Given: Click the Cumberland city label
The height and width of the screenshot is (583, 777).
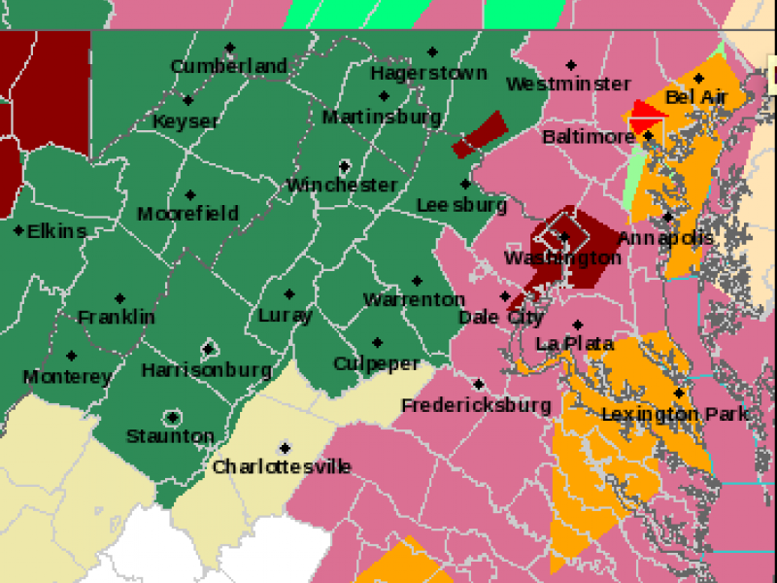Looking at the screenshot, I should point(229,66).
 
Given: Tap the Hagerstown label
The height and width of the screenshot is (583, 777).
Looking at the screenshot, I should point(428,73).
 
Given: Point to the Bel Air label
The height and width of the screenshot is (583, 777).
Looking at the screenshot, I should point(696,97).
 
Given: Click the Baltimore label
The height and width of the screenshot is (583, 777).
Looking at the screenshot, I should point(589,137).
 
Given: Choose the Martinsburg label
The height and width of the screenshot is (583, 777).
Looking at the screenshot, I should point(382,117).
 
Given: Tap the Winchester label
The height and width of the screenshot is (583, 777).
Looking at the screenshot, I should point(342,185).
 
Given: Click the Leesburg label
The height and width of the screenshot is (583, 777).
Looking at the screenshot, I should point(461,205).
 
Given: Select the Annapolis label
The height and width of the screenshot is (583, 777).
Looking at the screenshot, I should point(665,238).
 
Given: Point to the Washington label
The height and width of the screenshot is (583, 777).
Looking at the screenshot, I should point(562,257).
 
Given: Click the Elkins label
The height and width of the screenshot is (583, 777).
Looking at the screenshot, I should point(56,231).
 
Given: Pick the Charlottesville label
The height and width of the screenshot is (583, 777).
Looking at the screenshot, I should point(282,467).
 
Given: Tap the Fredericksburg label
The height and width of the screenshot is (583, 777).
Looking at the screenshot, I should point(476,404).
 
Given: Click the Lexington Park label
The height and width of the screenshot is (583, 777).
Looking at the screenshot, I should point(675,414).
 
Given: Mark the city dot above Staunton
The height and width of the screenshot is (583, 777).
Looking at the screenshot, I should point(172,417).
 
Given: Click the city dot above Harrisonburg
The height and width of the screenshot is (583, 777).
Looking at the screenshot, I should point(208,349).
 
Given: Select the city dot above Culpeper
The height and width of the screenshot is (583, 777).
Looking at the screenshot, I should point(377,343).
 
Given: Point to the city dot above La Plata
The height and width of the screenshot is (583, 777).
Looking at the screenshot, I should point(577,325).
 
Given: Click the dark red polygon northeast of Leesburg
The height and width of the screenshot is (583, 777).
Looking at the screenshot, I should point(480,135).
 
